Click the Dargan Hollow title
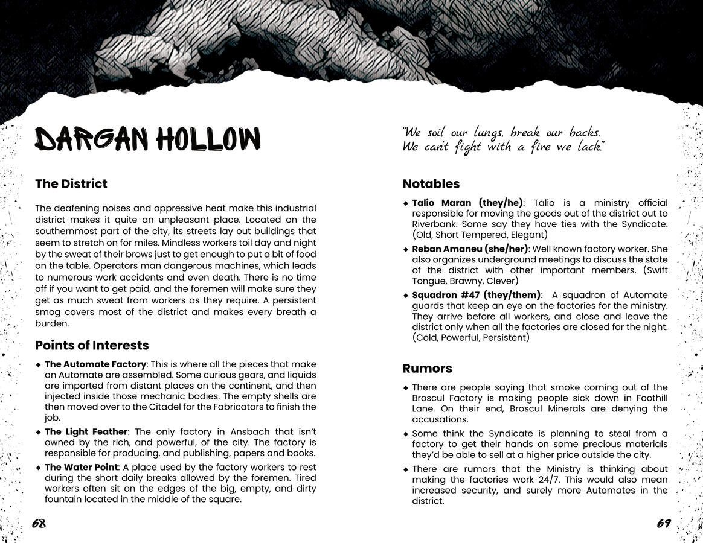click(147, 139)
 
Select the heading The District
click(71, 184)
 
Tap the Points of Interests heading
click(92, 346)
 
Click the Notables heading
click(431, 184)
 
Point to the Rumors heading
click(427, 369)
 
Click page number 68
click(39, 523)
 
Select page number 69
click(664, 523)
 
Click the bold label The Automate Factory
click(95, 364)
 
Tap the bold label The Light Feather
click(86, 432)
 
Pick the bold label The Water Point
click(81, 468)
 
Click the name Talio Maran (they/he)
click(467, 203)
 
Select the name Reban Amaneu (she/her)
click(470, 249)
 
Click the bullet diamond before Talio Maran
click(406, 203)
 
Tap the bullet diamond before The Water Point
click(39, 468)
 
